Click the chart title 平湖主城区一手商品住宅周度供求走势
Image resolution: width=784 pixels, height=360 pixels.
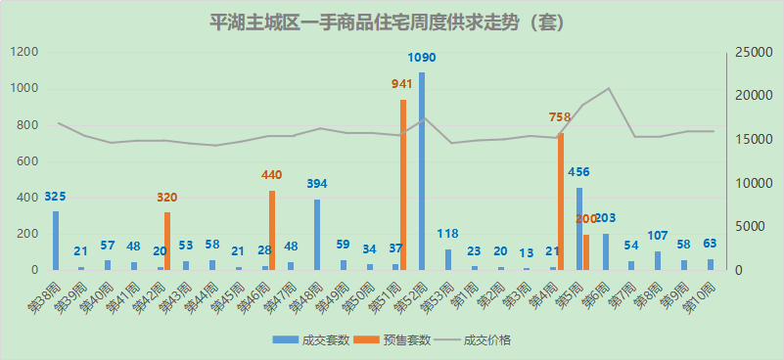(392, 22)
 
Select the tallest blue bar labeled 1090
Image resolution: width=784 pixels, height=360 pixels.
(422, 171)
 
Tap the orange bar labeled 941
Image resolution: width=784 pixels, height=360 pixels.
(402, 185)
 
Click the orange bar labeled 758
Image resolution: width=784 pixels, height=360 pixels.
(561, 202)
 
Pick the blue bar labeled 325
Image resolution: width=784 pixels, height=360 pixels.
(56, 241)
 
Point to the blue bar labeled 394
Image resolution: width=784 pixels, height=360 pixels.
(317, 235)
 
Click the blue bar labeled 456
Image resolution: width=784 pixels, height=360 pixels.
(579, 229)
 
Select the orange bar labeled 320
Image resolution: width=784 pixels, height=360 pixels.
(167, 241)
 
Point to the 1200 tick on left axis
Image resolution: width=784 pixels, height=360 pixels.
(26, 53)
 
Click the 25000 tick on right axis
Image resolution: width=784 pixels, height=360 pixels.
(754, 53)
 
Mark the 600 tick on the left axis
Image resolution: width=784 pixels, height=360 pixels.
(29, 161)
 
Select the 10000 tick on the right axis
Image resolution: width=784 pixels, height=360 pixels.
(754, 183)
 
